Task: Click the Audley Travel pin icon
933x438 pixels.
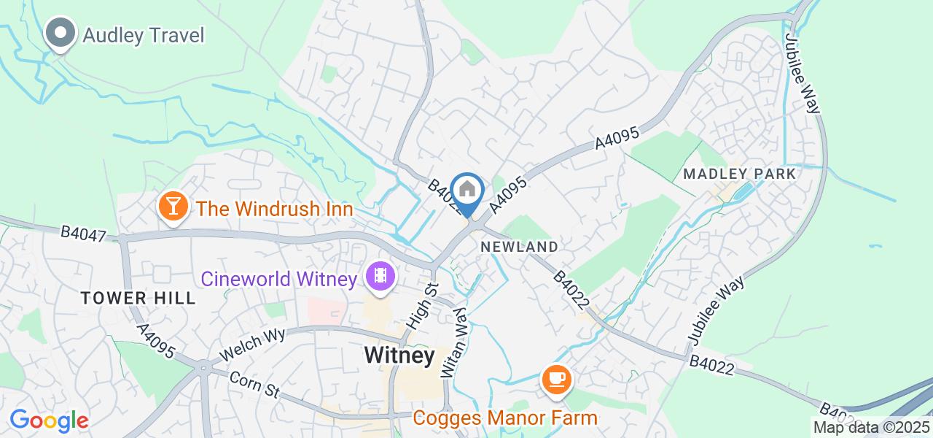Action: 60,34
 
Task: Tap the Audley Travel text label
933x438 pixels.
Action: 144,35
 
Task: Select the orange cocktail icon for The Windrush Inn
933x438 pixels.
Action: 173,207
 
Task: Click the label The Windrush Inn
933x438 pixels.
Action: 275,209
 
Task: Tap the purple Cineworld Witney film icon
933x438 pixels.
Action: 380,276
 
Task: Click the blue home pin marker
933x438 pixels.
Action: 467,191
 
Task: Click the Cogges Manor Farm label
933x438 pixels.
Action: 505,418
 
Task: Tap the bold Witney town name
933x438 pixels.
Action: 399,356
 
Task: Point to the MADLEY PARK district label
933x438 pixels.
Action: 740,174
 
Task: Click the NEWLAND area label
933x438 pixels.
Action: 520,247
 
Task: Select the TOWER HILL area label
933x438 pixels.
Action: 138,298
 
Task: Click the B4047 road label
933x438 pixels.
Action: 83,234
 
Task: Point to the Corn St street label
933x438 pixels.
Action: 254,385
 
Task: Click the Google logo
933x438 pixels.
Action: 49,420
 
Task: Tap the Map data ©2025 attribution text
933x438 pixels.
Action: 872,428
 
